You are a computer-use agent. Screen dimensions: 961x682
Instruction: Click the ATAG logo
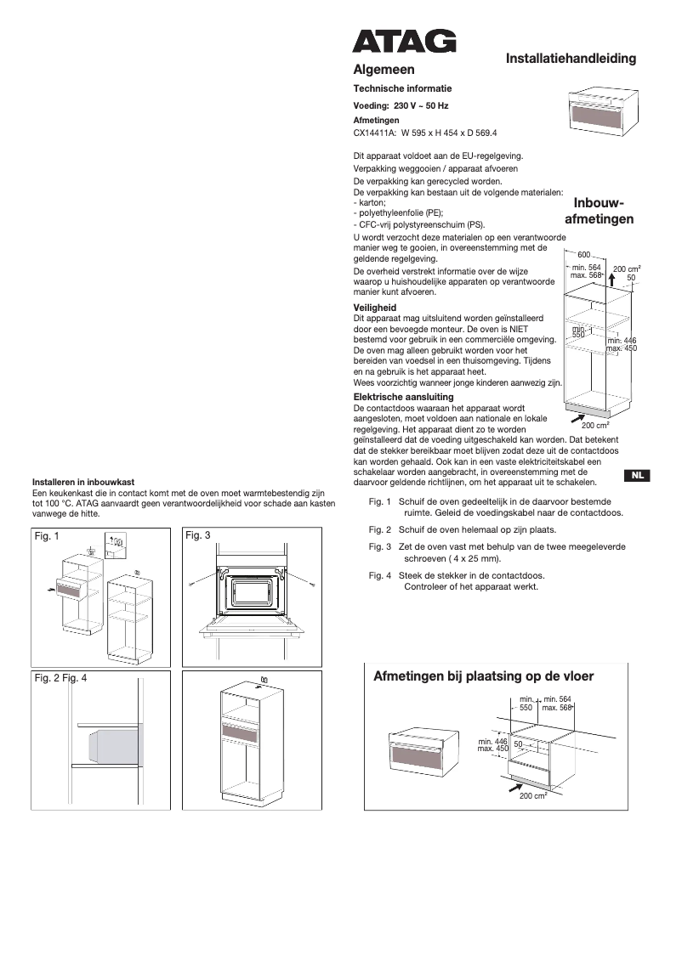(404, 42)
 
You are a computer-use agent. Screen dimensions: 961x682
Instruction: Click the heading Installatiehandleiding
(571, 59)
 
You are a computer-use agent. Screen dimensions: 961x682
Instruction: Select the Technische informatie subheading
(402, 88)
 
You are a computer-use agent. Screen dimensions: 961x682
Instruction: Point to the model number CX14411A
(374, 133)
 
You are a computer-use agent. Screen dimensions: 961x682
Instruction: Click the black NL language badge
(637, 475)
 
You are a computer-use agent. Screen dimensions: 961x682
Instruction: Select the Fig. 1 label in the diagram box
(46, 536)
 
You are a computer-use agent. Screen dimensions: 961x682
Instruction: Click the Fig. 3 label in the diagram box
(197, 536)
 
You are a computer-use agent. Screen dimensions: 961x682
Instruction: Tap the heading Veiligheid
(374, 308)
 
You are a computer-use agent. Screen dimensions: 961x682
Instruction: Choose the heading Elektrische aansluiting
(403, 397)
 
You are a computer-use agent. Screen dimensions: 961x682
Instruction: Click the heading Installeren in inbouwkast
(82, 482)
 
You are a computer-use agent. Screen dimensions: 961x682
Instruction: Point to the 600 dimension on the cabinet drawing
(583, 255)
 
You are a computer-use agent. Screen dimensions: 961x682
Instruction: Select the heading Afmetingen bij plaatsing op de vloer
(483, 676)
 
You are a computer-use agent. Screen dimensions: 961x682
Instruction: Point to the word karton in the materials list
(373, 203)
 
